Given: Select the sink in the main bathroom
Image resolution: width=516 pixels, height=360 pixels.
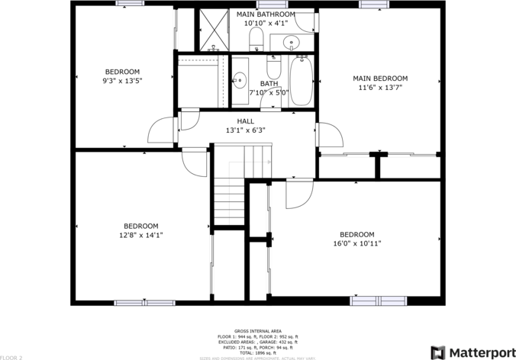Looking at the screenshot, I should [x=291, y=42].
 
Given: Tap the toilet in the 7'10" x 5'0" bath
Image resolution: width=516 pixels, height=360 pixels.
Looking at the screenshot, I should [x=274, y=66].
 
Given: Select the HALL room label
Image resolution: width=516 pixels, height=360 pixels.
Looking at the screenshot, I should [x=245, y=121].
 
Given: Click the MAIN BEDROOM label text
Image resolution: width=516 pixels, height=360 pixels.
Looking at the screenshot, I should [x=379, y=78].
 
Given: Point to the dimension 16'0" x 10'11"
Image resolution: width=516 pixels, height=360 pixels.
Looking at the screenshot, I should [x=356, y=244].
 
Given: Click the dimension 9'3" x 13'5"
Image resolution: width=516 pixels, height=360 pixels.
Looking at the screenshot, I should [x=122, y=81].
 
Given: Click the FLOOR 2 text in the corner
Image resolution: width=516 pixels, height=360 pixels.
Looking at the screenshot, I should [x=12, y=356].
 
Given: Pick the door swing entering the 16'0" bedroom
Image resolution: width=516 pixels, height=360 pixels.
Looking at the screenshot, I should [x=298, y=194].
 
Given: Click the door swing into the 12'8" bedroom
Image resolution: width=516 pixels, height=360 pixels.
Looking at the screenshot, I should [x=195, y=161].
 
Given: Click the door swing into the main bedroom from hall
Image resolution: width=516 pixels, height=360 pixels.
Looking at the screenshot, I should [x=329, y=135].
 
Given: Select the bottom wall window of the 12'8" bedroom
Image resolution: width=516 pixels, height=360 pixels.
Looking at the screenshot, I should [x=144, y=303].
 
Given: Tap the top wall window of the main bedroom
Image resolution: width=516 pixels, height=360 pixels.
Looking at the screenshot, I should [x=375, y=4].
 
